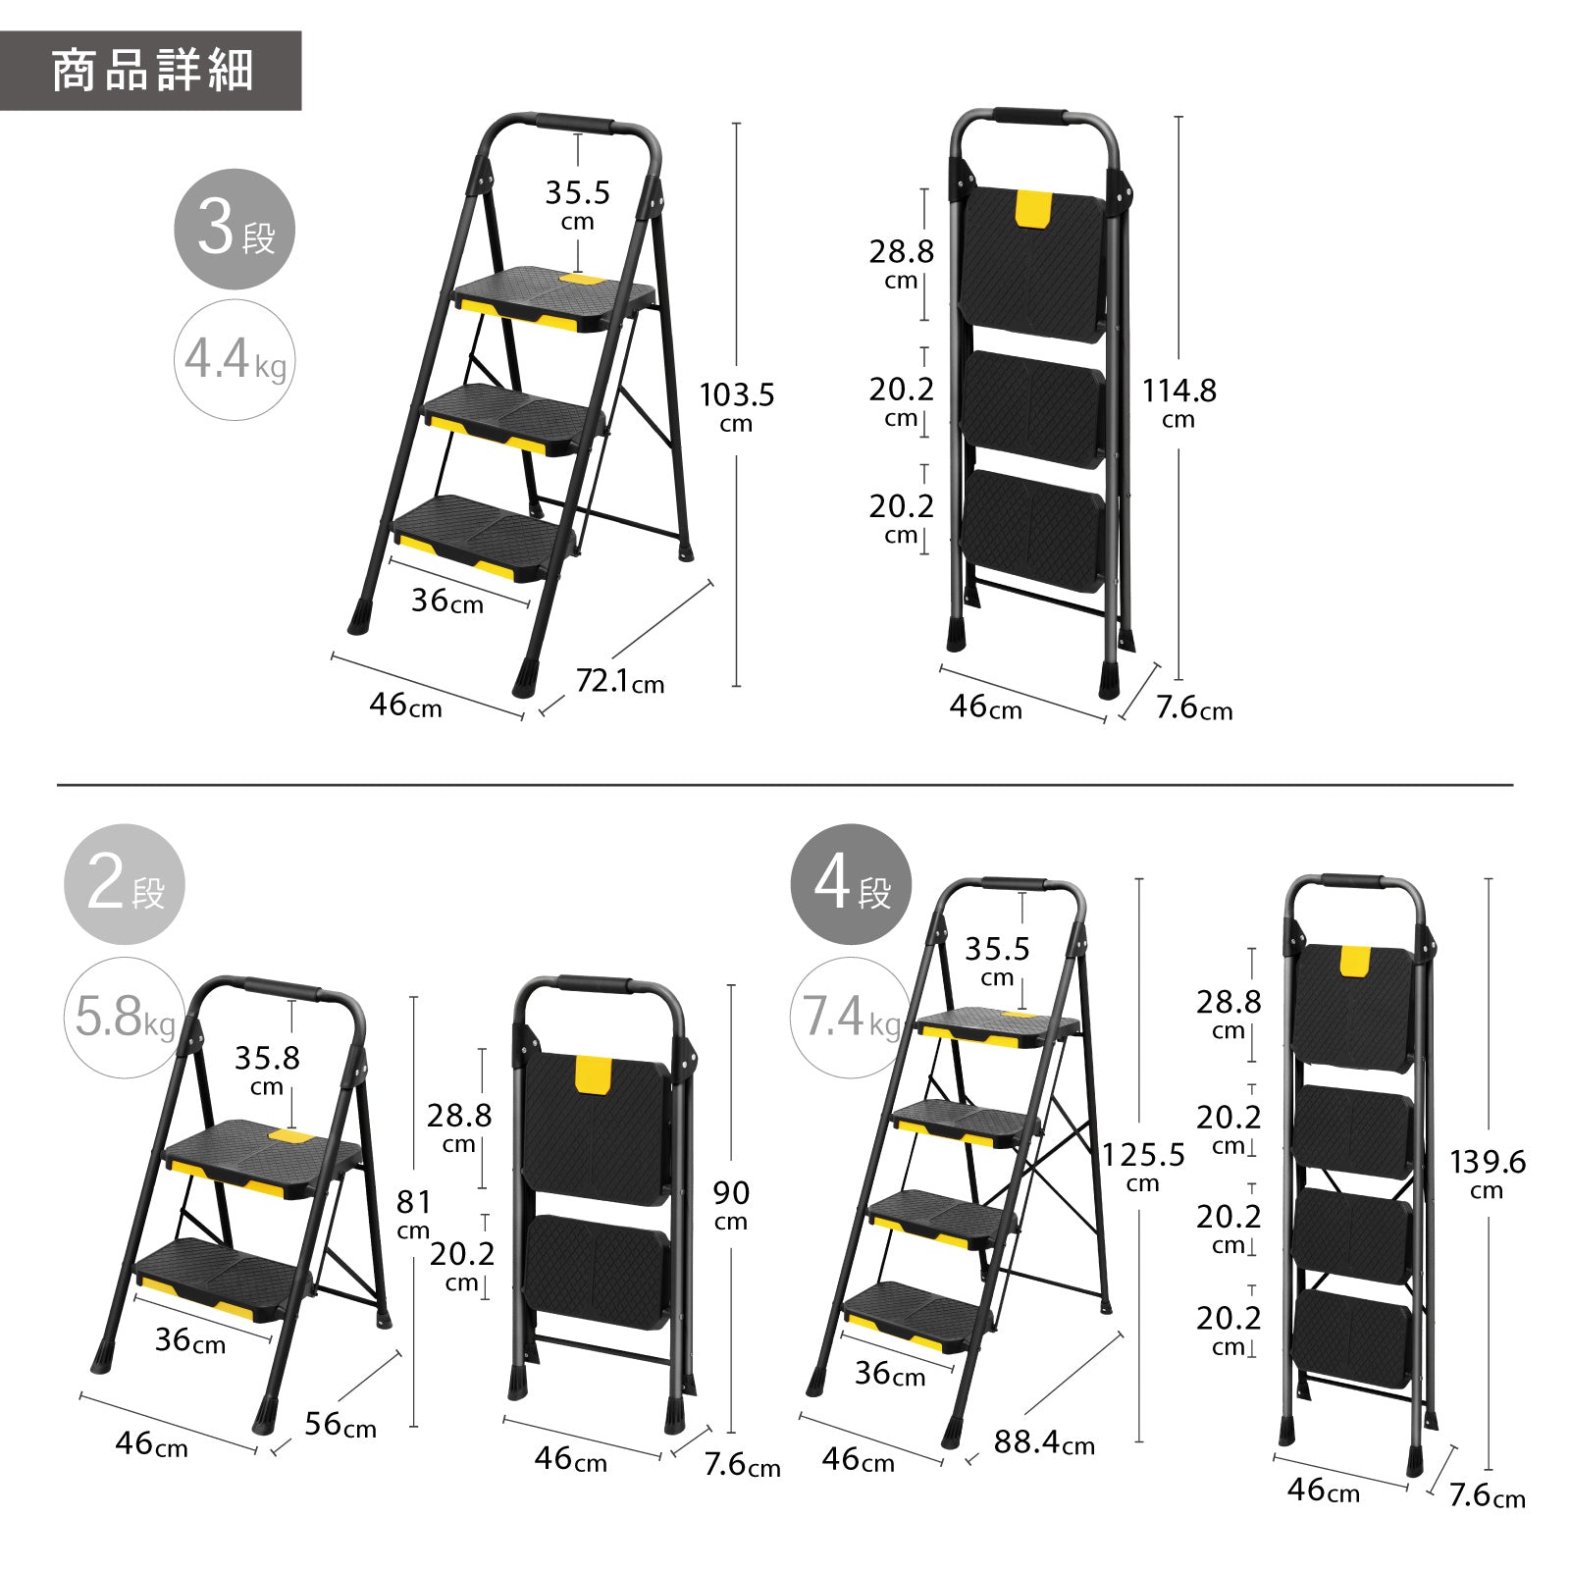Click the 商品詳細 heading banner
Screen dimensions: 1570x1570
tap(150, 71)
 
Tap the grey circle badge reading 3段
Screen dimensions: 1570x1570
tap(235, 230)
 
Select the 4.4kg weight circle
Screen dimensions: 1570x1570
tap(235, 360)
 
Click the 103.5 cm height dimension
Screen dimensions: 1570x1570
tap(737, 407)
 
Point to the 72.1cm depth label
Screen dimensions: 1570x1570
tap(619, 680)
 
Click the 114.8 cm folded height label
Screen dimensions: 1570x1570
tap(1178, 403)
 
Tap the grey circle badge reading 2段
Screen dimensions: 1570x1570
tap(125, 885)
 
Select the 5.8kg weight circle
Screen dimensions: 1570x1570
tap(125, 1018)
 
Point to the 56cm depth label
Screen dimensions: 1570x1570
tap(340, 1424)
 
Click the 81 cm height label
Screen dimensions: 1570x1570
tap(413, 1214)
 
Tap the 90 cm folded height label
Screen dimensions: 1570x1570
tap(731, 1205)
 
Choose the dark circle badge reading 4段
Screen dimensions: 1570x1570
tap(851, 885)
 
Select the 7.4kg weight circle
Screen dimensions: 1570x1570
tap(851, 1018)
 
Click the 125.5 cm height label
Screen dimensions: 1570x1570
tap(1143, 1167)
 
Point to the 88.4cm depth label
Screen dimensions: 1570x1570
tap(1044, 1442)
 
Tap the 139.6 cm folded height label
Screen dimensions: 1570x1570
tap(1488, 1174)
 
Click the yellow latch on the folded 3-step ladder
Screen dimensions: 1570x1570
tap(1033, 210)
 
